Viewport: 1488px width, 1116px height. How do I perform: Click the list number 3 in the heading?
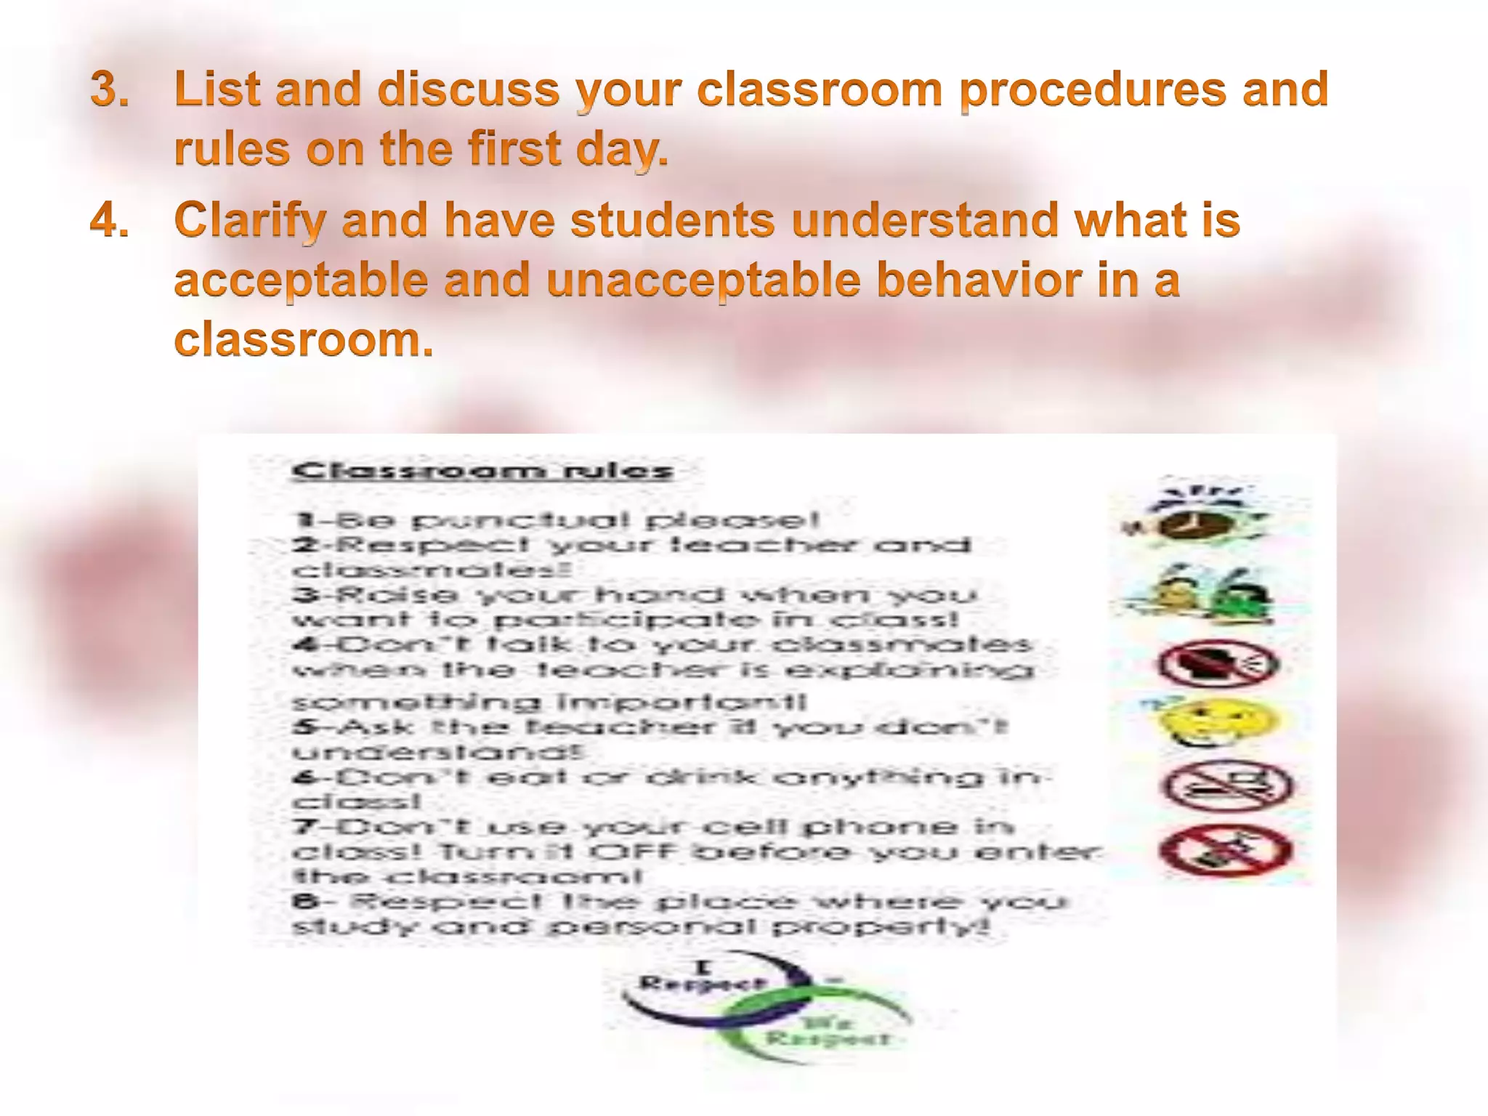click(109, 90)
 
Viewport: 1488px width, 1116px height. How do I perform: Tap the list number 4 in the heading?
click(109, 220)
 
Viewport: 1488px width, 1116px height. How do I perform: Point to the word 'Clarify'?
click(249, 220)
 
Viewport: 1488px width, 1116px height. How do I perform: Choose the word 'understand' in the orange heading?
click(925, 220)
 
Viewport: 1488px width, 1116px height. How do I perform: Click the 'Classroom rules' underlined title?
click(482, 472)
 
